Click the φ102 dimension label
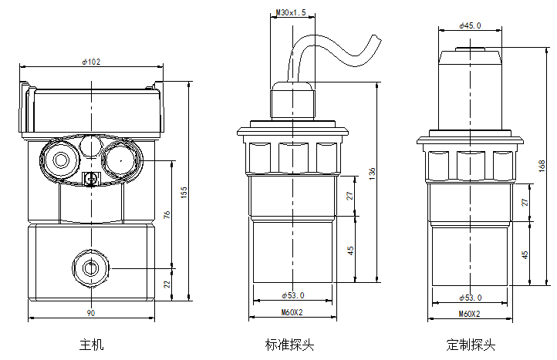[90, 62]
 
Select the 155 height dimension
[184, 192]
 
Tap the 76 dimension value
[167, 214]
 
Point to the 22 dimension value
[167, 284]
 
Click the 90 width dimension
[90, 314]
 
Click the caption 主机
[90, 344]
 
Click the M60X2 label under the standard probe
[292, 314]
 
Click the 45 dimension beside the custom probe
[525, 254]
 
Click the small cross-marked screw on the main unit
[90, 180]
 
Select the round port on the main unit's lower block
[91, 267]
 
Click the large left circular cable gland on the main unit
[60, 158]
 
